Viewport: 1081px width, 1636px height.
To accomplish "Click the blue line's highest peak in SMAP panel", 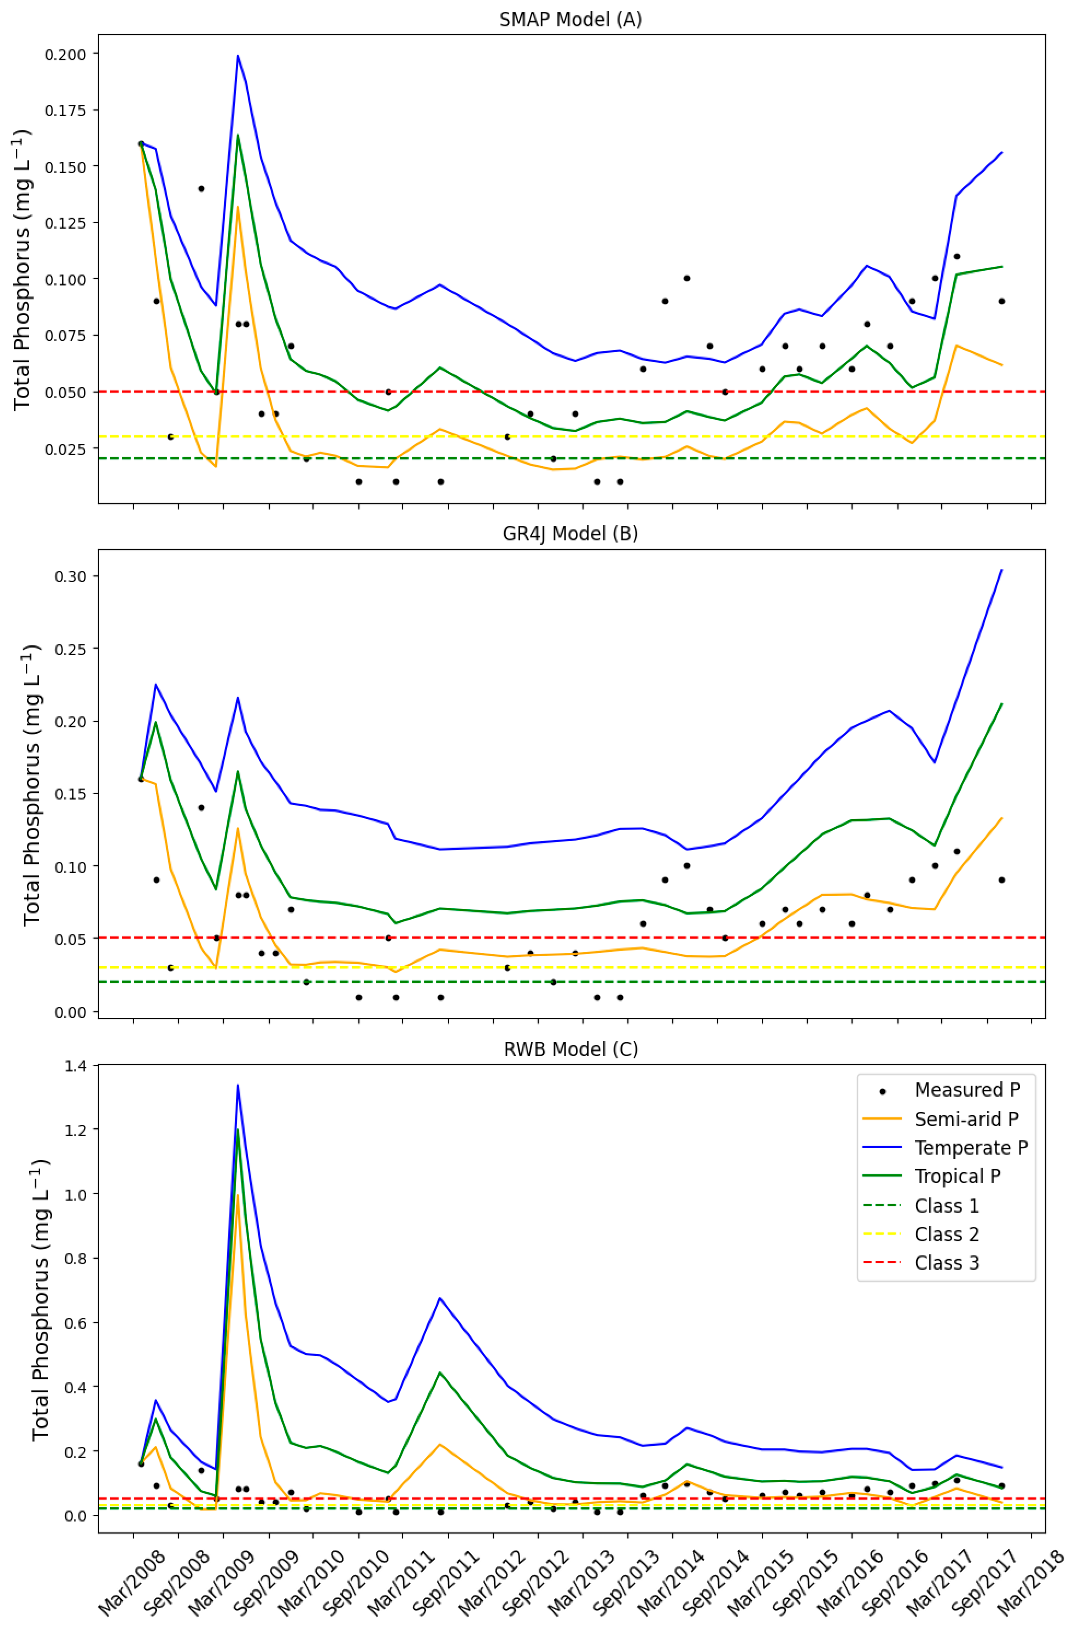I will [x=238, y=56].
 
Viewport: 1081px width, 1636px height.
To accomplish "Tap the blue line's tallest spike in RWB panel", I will [x=238, y=1085].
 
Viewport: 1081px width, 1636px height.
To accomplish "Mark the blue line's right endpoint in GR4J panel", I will [x=1001, y=570].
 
